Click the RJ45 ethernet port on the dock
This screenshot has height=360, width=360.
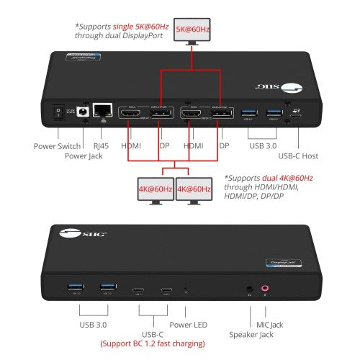pyautogui.click(x=104, y=110)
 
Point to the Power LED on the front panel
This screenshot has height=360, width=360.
pyautogui.click(x=186, y=290)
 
